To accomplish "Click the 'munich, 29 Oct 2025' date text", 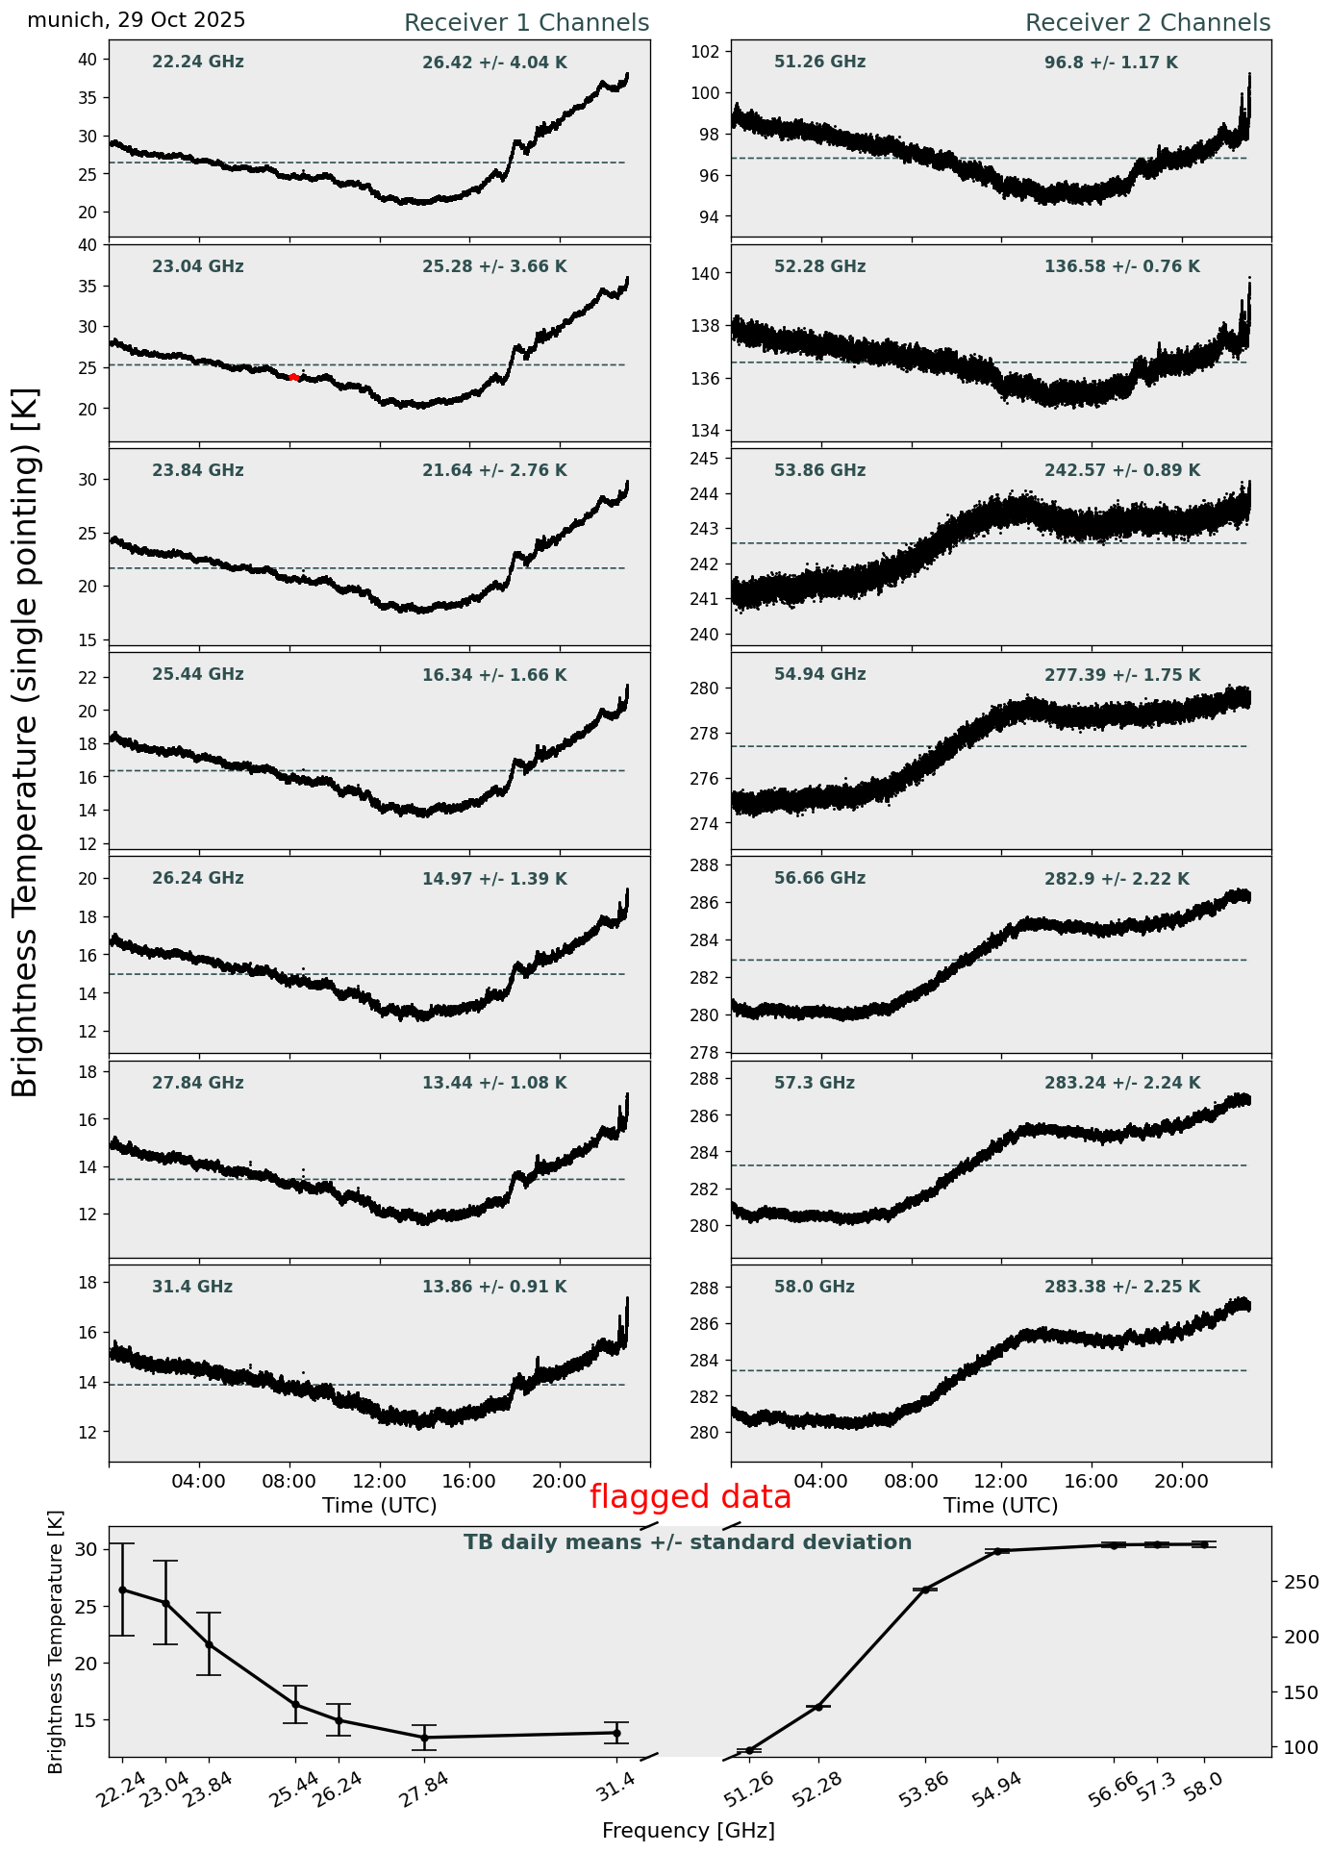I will [136, 20].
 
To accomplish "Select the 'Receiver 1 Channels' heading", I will [526, 23].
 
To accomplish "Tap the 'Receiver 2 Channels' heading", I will [1147, 23].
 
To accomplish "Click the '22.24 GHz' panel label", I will [198, 63].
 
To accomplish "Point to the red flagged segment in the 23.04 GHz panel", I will [294, 377].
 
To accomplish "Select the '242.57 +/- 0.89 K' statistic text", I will [1122, 471].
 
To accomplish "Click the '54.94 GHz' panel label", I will [819, 675].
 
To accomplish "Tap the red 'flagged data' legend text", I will [691, 1497].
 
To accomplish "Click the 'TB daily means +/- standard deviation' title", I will [688, 1542].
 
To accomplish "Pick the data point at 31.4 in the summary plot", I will [616, 1733].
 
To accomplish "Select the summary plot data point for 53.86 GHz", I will [925, 1590].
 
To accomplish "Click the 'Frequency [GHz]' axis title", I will [688, 1831].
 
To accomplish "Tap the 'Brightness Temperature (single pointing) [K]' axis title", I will [26, 741].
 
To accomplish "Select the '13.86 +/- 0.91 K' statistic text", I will [494, 1288].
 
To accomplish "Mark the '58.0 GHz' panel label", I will [814, 1288].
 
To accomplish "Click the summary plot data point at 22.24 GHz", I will [122, 1590].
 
